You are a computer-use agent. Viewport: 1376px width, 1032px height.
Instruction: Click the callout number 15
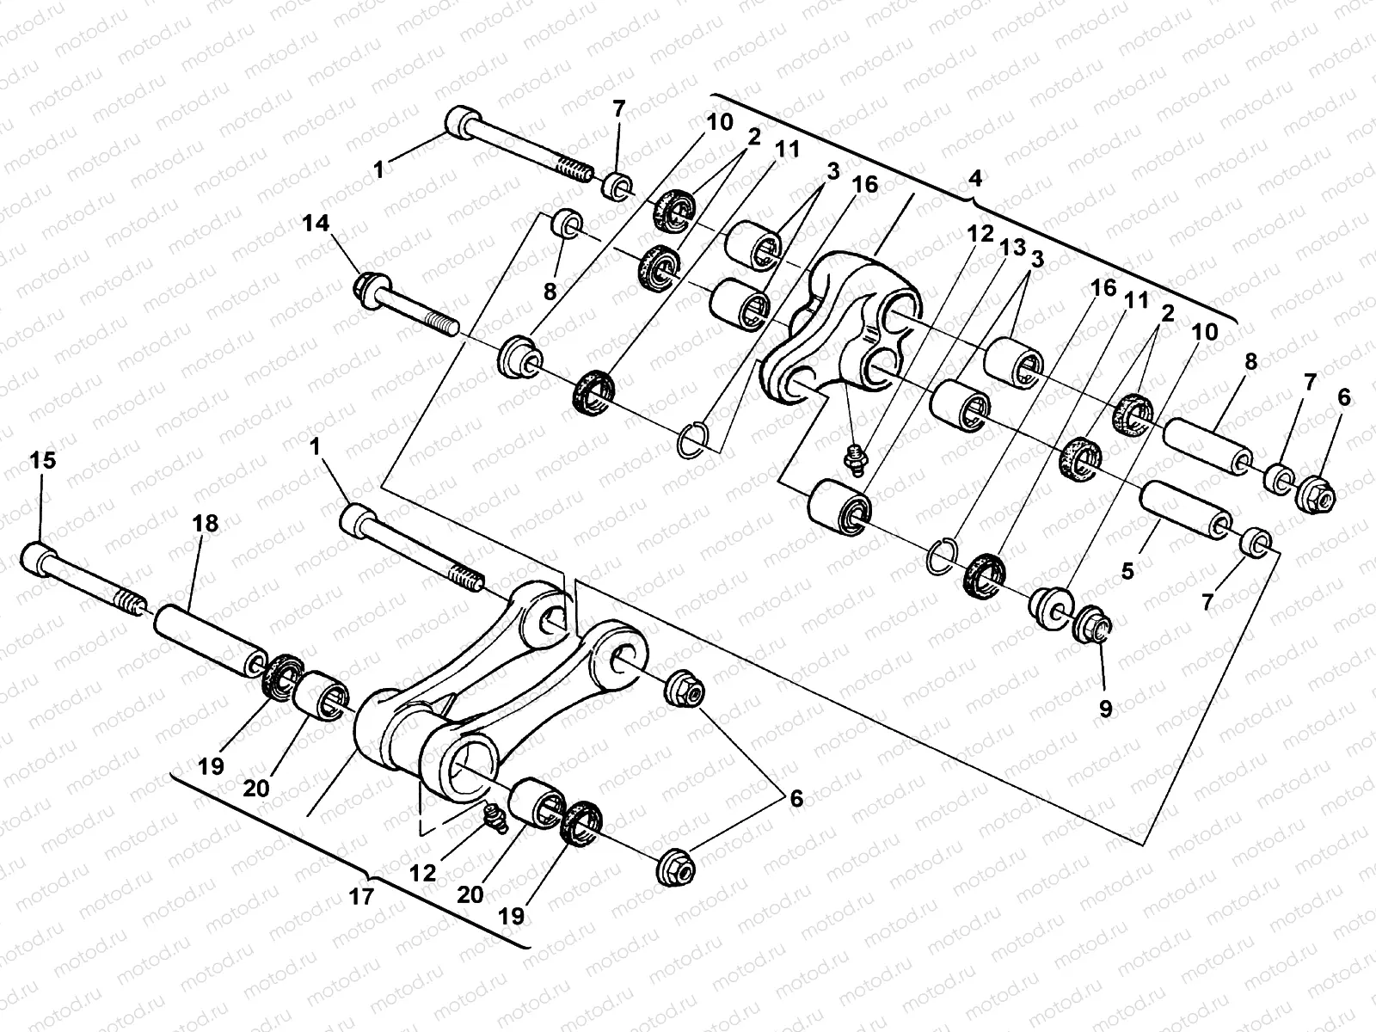click(42, 461)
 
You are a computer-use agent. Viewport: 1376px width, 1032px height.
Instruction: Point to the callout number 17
click(362, 897)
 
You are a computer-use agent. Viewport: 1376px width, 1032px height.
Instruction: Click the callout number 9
click(1105, 709)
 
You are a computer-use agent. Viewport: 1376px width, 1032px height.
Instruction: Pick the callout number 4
click(974, 178)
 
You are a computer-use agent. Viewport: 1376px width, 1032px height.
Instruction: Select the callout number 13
click(1012, 249)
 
